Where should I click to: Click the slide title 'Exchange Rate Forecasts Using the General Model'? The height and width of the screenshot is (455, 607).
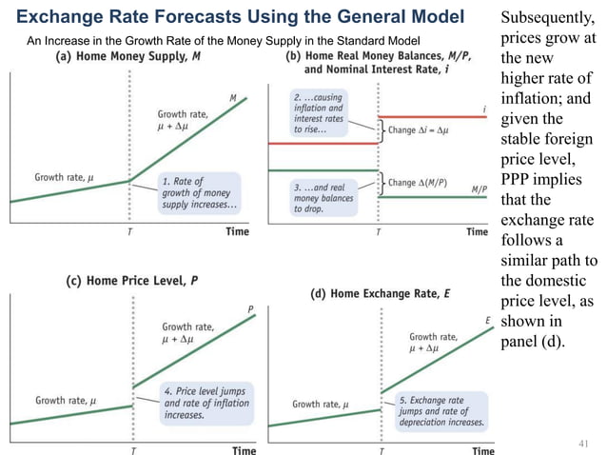[x=241, y=16]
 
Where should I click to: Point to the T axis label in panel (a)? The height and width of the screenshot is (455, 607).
[x=129, y=231]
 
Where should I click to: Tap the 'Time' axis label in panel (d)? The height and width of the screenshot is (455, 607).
[x=482, y=450]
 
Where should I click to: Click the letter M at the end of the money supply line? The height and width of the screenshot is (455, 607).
[x=232, y=98]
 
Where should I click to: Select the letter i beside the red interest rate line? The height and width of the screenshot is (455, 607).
[x=486, y=109]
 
